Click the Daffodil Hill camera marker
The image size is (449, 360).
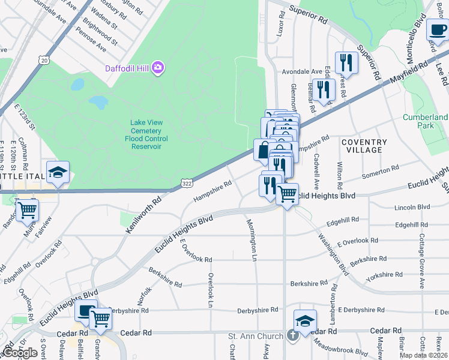[158, 67]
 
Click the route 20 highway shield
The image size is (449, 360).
[43, 60]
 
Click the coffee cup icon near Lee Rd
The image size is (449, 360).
[436, 29]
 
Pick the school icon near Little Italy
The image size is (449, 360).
[58, 172]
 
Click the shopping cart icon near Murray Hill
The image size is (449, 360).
[26, 209]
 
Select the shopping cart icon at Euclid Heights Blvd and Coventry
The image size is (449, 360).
[288, 193]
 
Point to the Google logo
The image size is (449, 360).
[19, 353]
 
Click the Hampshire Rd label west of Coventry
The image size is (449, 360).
[212, 192]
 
